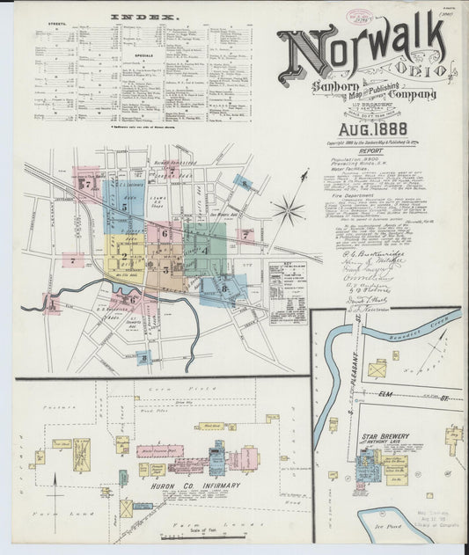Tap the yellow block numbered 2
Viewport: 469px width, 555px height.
[x=125, y=257]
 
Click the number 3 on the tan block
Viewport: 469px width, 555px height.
[x=165, y=269]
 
